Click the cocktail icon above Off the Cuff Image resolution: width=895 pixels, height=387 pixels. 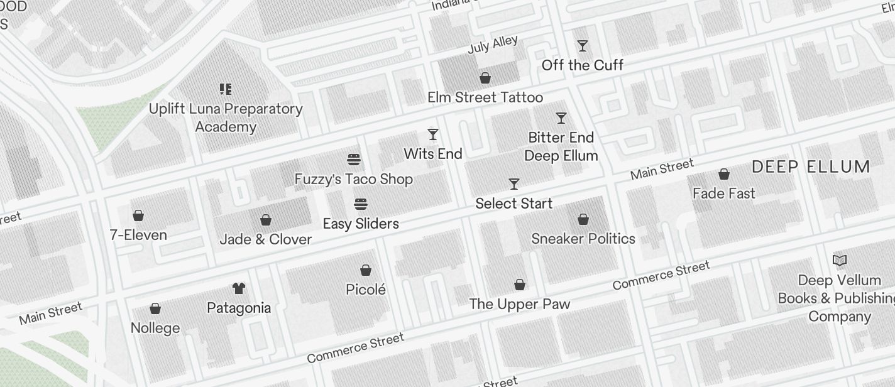[x=583, y=46]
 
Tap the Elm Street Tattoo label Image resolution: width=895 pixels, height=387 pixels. [x=485, y=97]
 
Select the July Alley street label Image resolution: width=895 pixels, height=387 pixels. [x=493, y=46]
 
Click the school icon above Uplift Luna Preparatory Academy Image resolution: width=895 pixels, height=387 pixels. [x=226, y=89]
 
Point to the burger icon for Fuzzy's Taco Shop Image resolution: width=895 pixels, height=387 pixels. [x=354, y=160]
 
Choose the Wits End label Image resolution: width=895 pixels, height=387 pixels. [x=433, y=154]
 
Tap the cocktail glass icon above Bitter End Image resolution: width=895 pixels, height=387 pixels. [x=561, y=118]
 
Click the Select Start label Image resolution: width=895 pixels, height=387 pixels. [x=513, y=204]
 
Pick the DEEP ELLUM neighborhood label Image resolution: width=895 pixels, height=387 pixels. [x=811, y=167]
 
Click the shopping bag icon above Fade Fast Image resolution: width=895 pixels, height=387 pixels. [x=724, y=174]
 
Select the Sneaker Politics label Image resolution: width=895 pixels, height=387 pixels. [x=583, y=239]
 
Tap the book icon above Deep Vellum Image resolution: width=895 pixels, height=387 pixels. [x=839, y=260]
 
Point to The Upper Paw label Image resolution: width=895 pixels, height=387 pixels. [x=520, y=304]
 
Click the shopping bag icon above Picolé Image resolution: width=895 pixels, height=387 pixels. [x=366, y=271]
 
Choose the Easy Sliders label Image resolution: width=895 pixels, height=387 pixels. [x=361, y=224]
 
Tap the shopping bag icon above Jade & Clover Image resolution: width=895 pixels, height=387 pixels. [x=266, y=220]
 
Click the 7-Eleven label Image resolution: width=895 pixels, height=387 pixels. [x=138, y=235]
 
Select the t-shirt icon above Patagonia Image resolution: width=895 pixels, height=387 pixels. [x=239, y=288]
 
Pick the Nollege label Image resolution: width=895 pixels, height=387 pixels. [x=155, y=328]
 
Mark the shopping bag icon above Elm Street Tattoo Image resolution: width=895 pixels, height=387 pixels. [x=485, y=78]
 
